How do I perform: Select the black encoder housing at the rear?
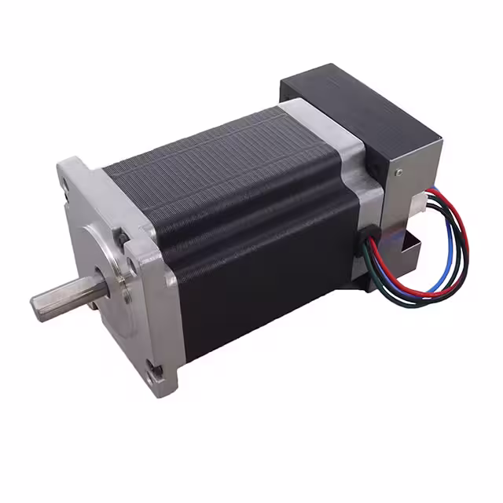(x=362, y=118)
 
